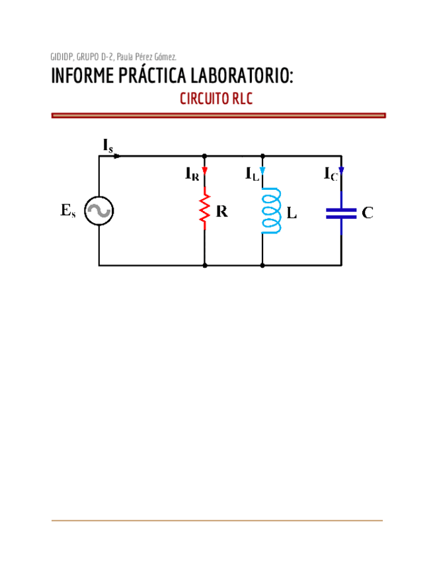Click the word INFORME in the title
pos(82,75)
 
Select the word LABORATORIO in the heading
pos(242,75)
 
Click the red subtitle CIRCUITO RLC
pos(216,99)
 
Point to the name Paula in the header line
pos(125,57)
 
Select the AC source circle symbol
pos(99,211)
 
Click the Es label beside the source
pos(68,210)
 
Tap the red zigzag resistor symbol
pos(204,208)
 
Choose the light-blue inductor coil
pos(271,211)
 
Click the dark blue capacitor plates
pos(341,213)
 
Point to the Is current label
pos(108,146)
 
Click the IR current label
pos(192,174)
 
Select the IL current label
pos(252,174)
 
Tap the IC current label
pos(331,174)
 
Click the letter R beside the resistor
pos(221,212)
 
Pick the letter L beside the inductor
pos(292,213)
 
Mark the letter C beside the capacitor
pos(368,213)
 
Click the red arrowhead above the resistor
pos(204,170)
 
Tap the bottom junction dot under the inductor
pos(262,265)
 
